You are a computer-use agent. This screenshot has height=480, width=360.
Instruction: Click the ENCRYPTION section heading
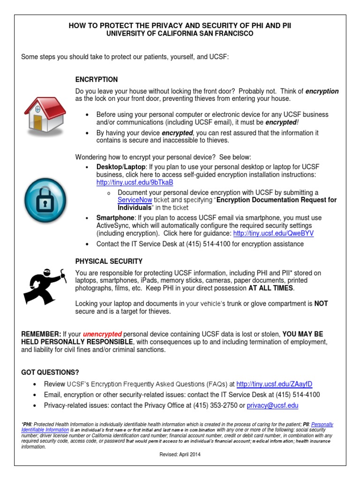click(x=97, y=80)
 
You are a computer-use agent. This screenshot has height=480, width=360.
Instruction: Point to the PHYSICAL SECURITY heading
click(x=109, y=261)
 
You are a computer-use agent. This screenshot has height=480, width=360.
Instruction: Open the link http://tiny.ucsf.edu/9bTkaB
click(x=135, y=182)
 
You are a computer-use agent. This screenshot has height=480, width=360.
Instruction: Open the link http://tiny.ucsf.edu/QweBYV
click(x=273, y=233)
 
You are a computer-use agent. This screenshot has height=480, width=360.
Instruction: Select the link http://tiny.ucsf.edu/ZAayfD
click(x=274, y=384)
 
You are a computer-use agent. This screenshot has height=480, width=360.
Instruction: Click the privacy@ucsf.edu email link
click(x=272, y=405)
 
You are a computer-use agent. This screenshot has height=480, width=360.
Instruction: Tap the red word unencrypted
click(x=102, y=334)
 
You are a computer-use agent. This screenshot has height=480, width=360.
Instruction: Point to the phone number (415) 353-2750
click(x=217, y=405)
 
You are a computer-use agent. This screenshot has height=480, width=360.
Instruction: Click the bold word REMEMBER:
click(x=41, y=334)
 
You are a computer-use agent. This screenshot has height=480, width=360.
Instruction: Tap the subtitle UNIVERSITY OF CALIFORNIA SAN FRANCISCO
click(x=180, y=34)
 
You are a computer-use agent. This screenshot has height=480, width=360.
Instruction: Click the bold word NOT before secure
click(x=321, y=304)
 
